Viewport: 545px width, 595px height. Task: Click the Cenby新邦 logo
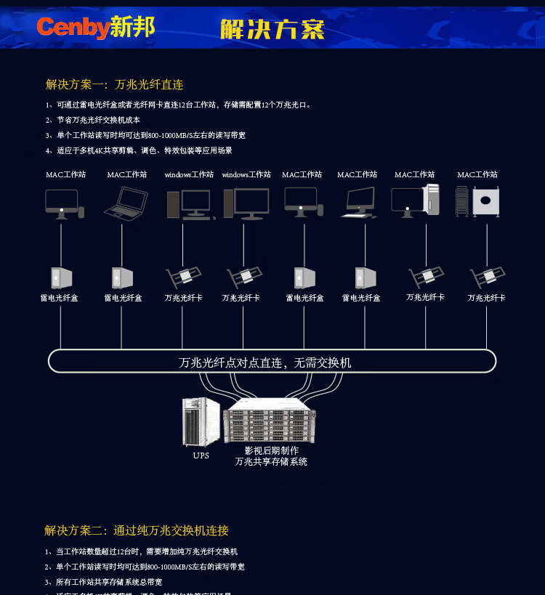click(x=95, y=28)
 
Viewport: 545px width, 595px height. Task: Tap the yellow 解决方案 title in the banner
click(x=272, y=29)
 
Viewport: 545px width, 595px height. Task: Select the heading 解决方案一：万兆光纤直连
click(x=114, y=85)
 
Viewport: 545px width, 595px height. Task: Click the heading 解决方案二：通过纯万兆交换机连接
click(x=137, y=530)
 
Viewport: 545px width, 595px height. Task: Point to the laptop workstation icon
click(x=126, y=203)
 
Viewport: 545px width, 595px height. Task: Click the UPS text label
click(x=201, y=456)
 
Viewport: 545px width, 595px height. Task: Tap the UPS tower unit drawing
click(x=201, y=422)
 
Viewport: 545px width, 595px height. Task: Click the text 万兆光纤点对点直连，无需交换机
click(x=265, y=362)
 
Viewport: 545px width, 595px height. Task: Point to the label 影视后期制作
click(x=271, y=450)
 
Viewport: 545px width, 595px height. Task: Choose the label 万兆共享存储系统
click(x=271, y=461)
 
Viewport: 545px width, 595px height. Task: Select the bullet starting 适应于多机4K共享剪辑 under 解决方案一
click(x=139, y=150)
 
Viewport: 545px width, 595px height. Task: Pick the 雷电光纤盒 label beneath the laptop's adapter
click(x=123, y=298)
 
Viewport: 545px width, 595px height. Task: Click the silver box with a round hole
click(x=485, y=201)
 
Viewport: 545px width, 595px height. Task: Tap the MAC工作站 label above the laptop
click(x=127, y=174)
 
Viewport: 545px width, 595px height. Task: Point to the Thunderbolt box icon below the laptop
click(x=121, y=278)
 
